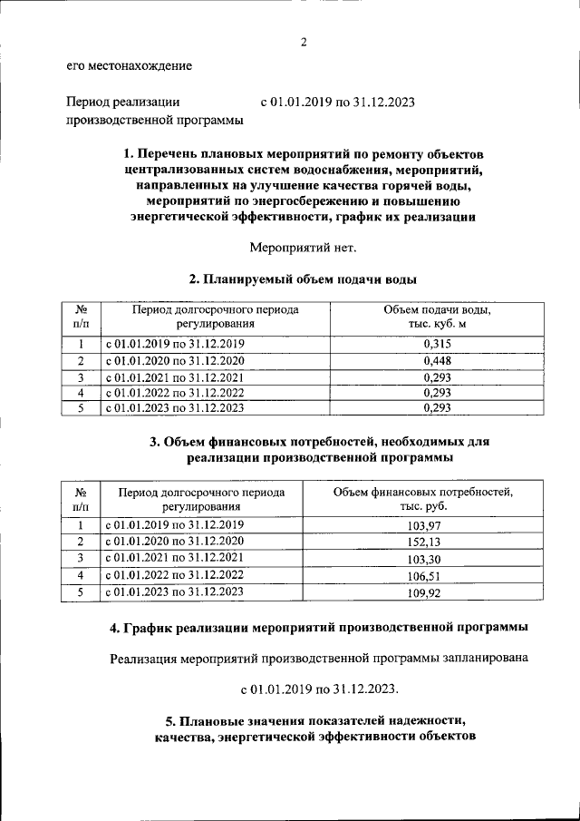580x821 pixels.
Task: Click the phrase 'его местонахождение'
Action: click(x=129, y=65)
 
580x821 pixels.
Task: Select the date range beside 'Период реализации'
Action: click(x=337, y=103)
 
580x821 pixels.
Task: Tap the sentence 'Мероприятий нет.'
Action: click(x=304, y=247)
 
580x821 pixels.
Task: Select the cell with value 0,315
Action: click(x=438, y=344)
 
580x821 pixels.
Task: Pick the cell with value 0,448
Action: click(x=438, y=361)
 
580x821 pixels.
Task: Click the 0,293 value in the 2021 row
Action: click(x=438, y=377)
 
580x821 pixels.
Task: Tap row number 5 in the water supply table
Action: click(x=81, y=408)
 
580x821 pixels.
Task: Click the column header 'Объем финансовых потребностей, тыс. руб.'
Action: click(x=423, y=499)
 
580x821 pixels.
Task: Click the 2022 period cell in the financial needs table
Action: click(x=175, y=575)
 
